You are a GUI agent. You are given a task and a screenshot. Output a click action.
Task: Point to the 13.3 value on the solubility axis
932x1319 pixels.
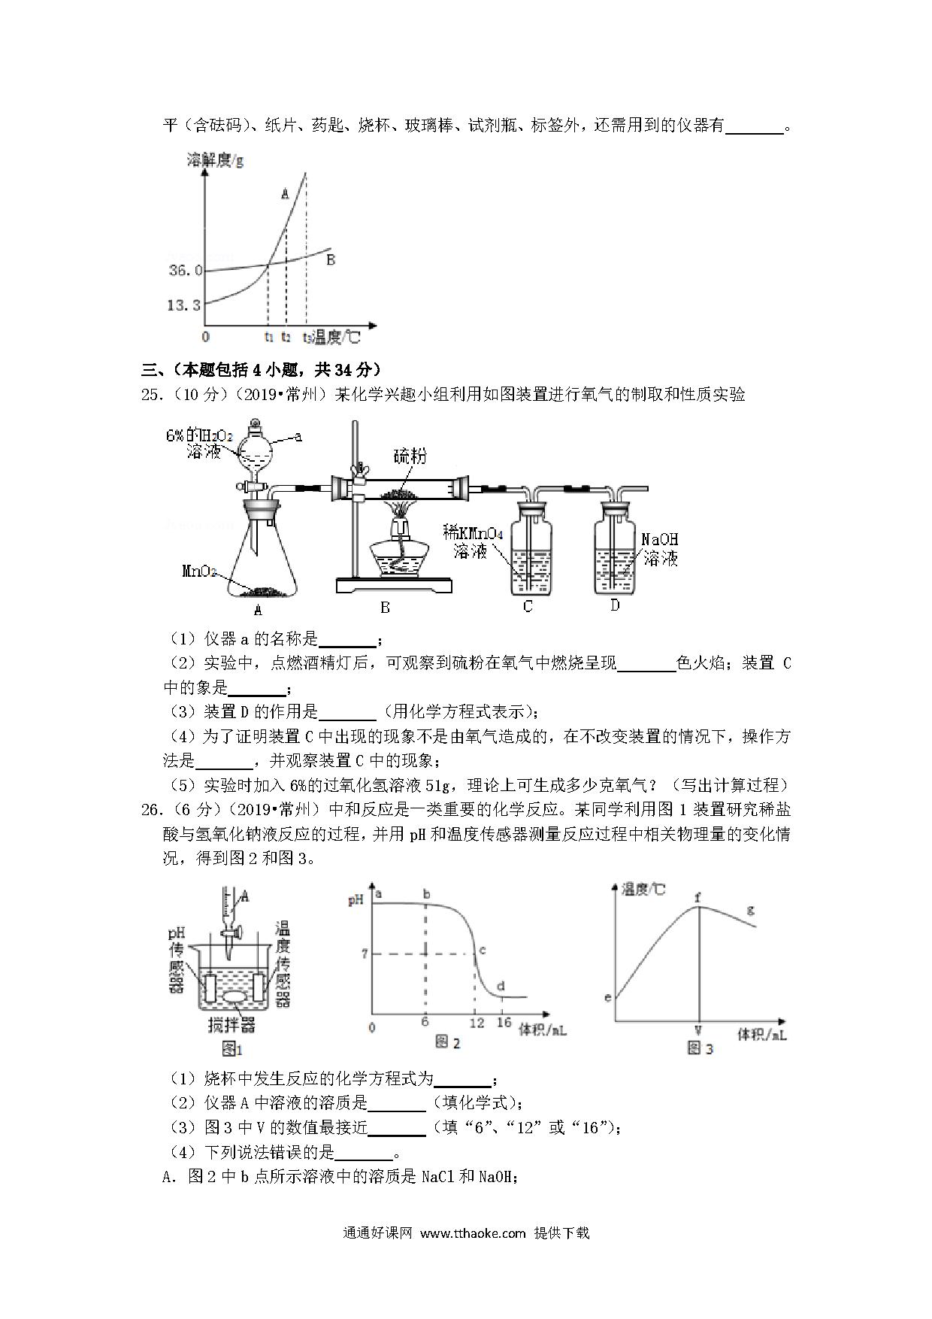click(184, 305)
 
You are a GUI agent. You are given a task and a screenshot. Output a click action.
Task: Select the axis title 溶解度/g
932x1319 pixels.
click(215, 160)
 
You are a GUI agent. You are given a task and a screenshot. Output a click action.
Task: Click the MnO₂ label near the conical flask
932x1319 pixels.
click(198, 571)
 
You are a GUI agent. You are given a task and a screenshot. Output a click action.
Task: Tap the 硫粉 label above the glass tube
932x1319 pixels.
click(410, 455)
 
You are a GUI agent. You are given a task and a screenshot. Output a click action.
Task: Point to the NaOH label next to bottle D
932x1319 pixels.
click(659, 539)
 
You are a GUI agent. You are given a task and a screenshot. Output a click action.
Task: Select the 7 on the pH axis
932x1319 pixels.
click(365, 954)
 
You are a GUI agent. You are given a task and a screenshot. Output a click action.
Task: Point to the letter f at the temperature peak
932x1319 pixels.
click(697, 896)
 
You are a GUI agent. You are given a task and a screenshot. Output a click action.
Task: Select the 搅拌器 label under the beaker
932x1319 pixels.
click(231, 1024)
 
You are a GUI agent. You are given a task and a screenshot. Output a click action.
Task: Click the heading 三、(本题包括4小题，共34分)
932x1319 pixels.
click(262, 369)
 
